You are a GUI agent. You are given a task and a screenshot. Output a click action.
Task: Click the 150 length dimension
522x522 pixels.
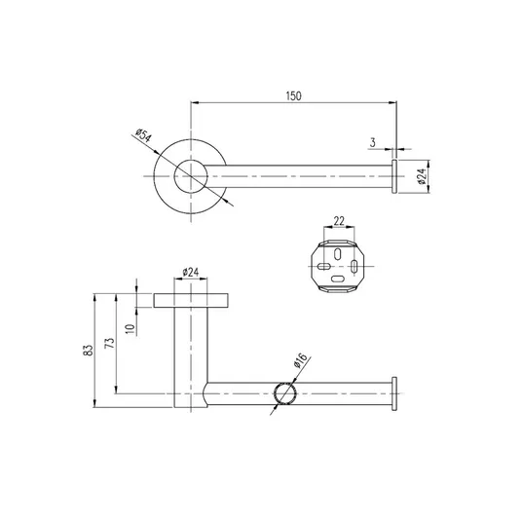(x=294, y=95)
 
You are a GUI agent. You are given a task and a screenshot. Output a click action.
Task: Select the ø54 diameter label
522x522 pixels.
(x=143, y=134)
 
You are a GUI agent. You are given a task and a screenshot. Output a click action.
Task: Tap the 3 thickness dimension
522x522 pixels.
(x=373, y=142)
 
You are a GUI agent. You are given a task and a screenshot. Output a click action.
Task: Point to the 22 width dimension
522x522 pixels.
(x=339, y=221)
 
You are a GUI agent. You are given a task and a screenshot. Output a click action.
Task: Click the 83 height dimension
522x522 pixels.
(x=89, y=351)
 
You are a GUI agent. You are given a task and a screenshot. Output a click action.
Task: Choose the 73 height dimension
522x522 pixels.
(x=110, y=343)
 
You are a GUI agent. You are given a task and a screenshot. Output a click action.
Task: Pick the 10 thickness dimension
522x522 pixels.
(x=130, y=329)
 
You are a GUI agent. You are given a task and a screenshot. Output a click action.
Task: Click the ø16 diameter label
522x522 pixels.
(x=300, y=361)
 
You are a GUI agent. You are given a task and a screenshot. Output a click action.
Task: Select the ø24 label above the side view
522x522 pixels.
(x=191, y=273)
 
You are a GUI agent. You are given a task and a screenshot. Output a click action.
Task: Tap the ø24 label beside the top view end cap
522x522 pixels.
(x=422, y=176)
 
